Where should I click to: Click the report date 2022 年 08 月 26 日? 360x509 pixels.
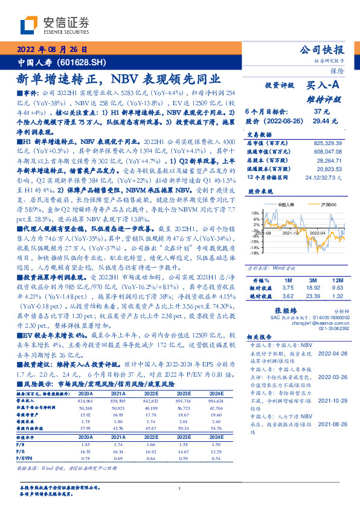click(x=55, y=50)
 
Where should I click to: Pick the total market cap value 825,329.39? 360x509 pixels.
click(x=330, y=143)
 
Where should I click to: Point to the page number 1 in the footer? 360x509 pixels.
click(x=180, y=489)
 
